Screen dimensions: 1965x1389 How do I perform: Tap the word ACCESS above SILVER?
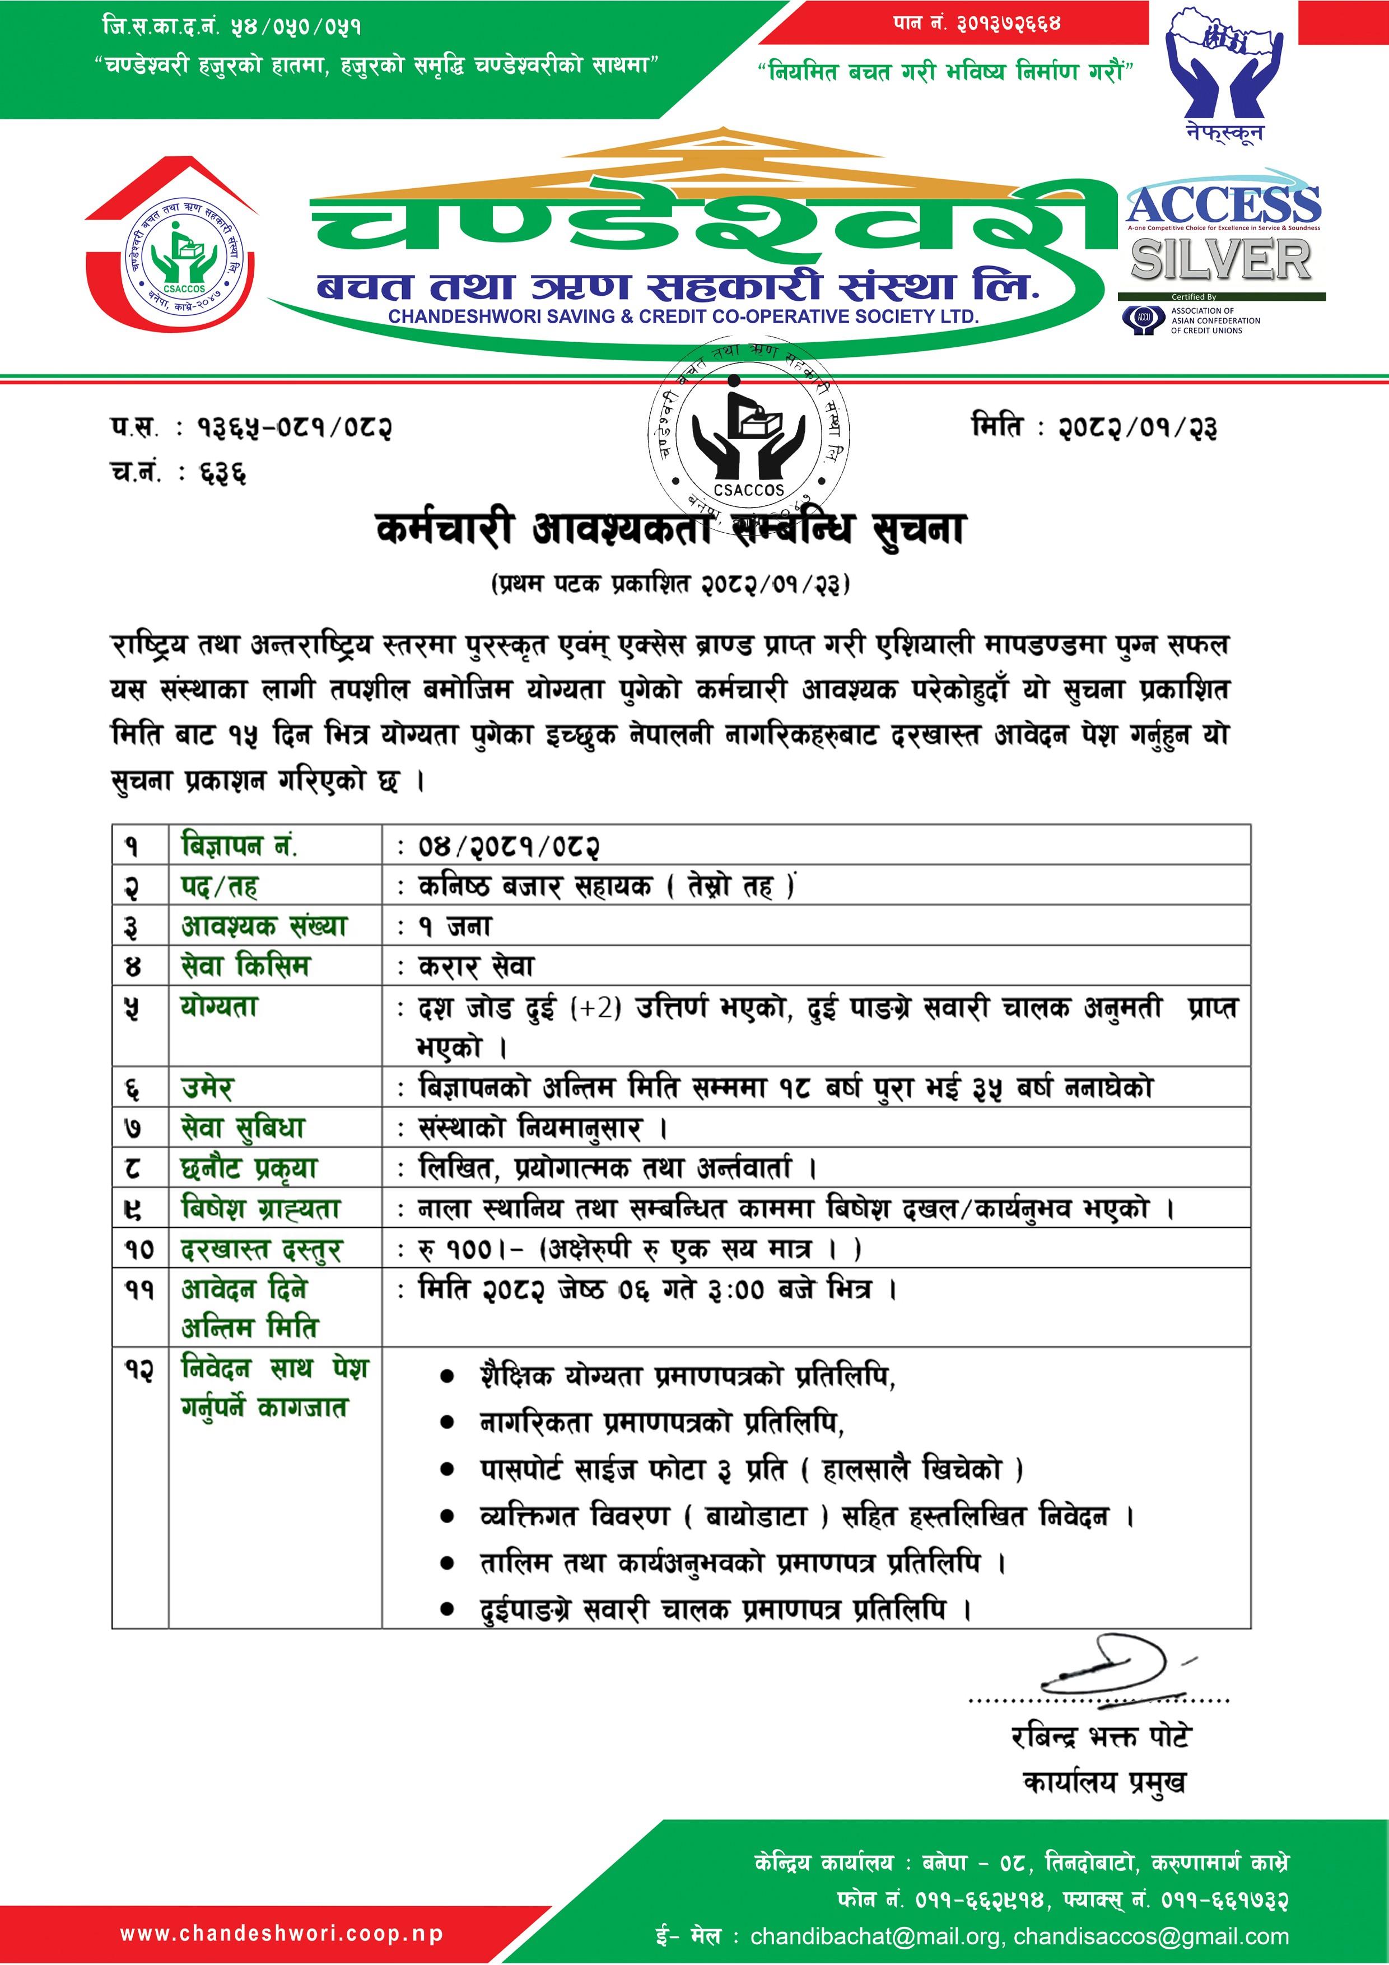pyautogui.click(x=1223, y=206)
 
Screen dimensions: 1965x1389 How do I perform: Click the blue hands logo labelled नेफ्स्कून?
pyautogui.click(x=1224, y=73)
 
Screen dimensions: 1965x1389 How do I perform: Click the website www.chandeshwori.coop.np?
pyautogui.click(x=282, y=1933)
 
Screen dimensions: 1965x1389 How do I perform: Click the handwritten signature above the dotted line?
pyautogui.click(x=1112, y=1665)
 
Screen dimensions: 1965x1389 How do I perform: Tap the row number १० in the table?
pyautogui.click(x=139, y=1250)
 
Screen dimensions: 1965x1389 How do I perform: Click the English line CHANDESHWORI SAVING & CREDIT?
pyautogui.click(x=683, y=316)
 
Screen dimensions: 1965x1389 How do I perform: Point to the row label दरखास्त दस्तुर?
pyautogui.click(x=261, y=1250)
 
